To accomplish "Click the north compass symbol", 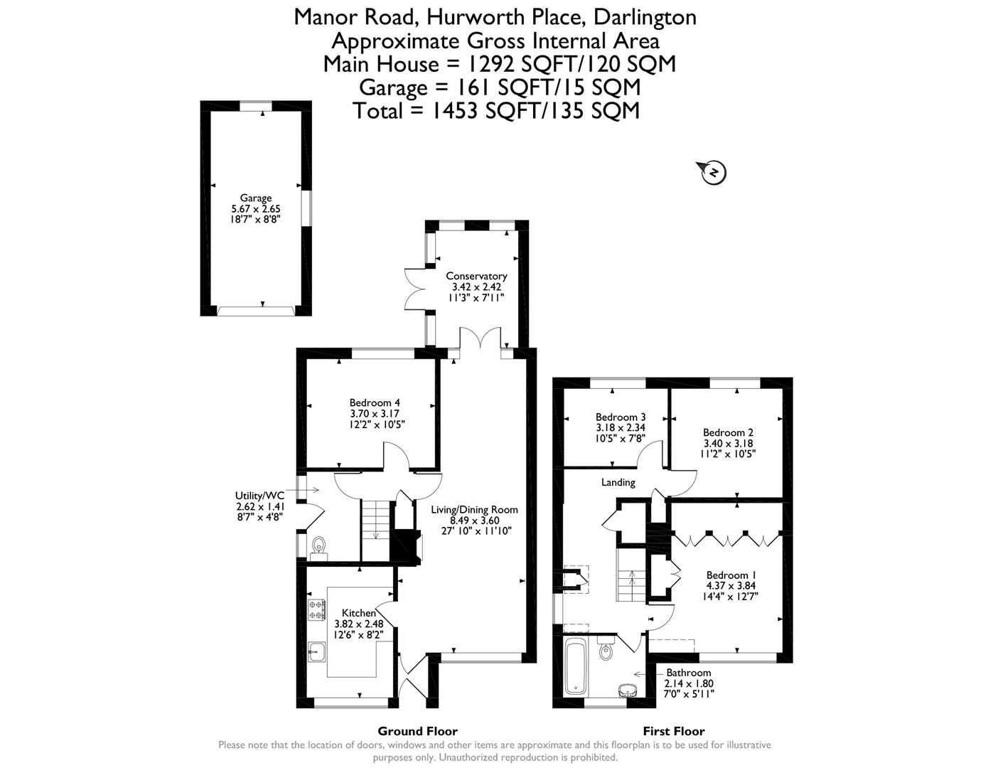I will (x=713, y=172).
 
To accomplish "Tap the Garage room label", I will (x=256, y=198).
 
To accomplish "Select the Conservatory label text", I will (x=476, y=276).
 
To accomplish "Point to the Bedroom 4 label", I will (x=375, y=402).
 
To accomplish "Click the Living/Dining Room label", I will (x=474, y=509).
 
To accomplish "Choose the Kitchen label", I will (x=359, y=613).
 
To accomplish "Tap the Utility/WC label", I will (x=259, y=496).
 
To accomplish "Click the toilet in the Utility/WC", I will (x=318, y=546).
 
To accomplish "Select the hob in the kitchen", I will (x=317, y=609).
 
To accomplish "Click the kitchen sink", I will (x=317, y=650).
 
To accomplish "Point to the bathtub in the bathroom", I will (x=574, y=666).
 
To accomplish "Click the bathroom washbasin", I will (x=627, y=690).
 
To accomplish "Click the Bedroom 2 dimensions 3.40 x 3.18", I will (x=728, y=443).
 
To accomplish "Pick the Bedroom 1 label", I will (x=731, y=575).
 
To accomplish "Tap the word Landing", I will (x=618, y=482).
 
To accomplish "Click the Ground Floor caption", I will (x=417, y=731).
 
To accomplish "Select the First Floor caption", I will (x=673, y=731).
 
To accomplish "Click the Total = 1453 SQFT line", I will (x=496, y=110).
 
